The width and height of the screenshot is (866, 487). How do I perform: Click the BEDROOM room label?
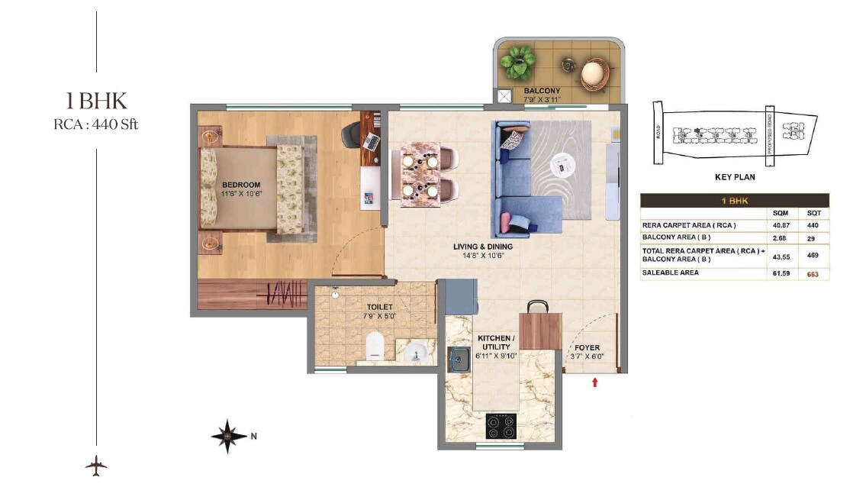[x=241, y=185]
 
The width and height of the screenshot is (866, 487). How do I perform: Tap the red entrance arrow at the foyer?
[x=595, y=381]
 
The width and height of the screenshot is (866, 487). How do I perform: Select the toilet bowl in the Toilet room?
[x=373, y=345]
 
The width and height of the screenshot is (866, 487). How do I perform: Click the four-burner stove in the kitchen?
[x=502, y=424]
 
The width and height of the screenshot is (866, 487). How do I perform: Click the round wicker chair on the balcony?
[x=594, y=74]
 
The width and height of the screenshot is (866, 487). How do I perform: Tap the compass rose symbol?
[x=229, y=436]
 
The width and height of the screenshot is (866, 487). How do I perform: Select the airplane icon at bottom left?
[x=96, y=465]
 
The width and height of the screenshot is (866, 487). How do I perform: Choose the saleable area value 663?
[x=813, y=274]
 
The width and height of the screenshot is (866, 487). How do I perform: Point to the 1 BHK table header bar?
[x=734, y=201]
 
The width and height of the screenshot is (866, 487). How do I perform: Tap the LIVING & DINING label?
[x=483, y=247]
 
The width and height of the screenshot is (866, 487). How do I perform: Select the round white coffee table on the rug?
[x=565, y=163]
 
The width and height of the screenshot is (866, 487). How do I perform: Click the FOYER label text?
[x=587, y=348]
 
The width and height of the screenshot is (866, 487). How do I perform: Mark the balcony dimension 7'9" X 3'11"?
[x=542, y=99]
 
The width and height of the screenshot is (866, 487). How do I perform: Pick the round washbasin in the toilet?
[x=416, y=353]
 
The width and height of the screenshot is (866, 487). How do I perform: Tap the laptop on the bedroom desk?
[x=372, y=140]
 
